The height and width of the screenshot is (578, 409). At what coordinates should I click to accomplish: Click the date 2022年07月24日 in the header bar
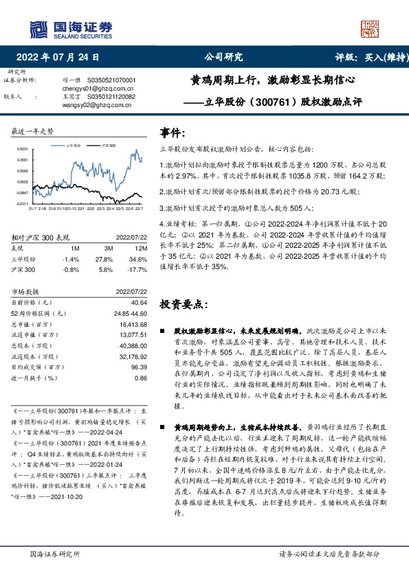[x=61, y=58]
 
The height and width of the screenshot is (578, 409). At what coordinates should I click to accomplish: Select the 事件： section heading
[x=173, y=131]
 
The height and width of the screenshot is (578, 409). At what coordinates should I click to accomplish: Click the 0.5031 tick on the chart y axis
[x=22, y=149]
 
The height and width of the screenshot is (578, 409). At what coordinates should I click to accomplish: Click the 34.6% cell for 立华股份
[x=140, y=259]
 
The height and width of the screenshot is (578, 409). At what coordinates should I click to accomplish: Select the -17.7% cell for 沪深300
[x=139, y=270]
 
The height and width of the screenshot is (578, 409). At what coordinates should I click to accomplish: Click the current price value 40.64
[x=139, y=303]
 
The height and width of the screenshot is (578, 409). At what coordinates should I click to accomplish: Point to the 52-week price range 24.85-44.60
[x=129, y=313]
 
